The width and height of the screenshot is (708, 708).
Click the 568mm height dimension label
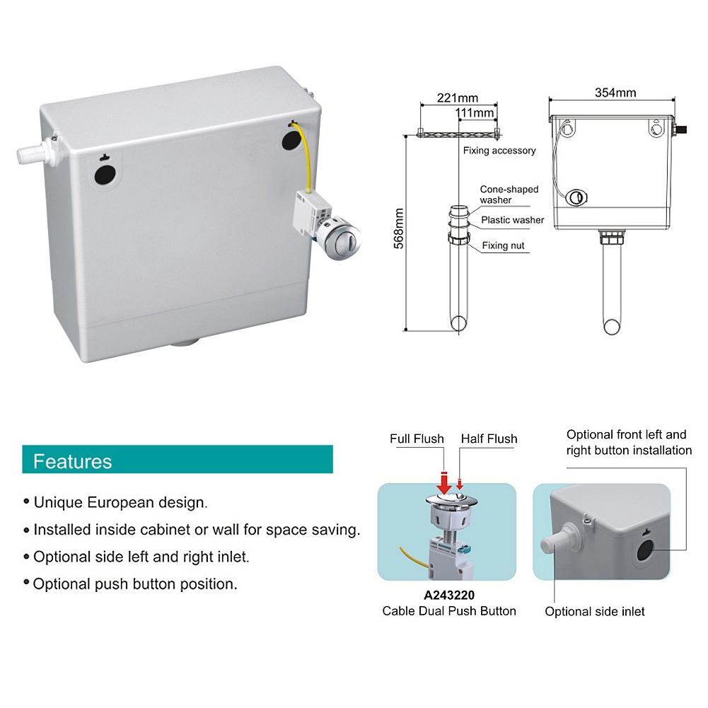(399, 227)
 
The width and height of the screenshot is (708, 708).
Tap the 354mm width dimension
(615, 93)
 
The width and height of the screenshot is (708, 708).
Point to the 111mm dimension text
(474, 112)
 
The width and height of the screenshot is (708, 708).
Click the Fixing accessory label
(499, 151)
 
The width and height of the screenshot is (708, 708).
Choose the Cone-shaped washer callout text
(509, 195)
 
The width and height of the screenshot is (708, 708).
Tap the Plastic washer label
(512, 220)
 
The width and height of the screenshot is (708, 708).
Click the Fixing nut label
(504, 246)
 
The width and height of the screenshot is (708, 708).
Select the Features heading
(73, 461)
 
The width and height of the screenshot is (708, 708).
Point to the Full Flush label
(417, 439)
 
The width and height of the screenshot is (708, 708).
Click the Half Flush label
(489, 439)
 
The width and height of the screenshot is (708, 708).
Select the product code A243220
(449, 596)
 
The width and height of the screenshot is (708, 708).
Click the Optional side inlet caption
(595, 611)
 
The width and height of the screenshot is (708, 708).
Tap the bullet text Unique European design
(121, 503)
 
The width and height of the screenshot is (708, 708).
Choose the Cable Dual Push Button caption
(449, 610)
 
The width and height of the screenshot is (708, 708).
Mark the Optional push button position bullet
(135, 584)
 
